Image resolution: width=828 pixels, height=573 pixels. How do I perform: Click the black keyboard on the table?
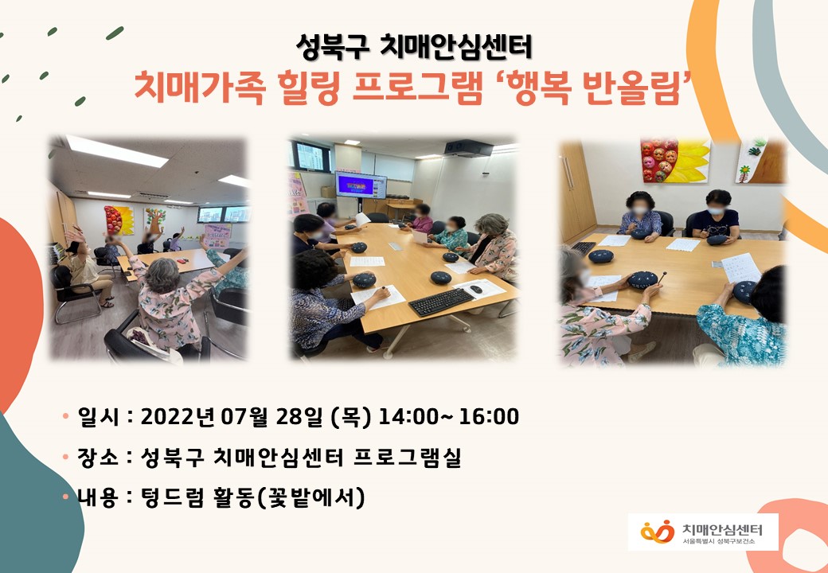point(441,302)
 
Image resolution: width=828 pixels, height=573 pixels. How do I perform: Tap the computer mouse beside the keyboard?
point(476,289)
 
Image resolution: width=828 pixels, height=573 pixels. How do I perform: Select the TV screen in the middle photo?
point(361,185)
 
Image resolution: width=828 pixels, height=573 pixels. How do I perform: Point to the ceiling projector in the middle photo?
point(469,148)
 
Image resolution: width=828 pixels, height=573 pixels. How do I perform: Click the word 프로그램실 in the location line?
point(407,457)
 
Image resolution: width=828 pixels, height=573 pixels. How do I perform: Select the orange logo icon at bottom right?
point(657,532)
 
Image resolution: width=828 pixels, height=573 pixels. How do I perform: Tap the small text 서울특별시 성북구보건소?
point(718,542)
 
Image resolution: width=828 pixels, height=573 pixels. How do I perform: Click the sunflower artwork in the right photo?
point(675,161)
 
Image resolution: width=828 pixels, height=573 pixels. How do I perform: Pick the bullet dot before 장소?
point(65,457)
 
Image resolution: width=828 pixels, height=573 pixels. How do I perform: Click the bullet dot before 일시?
point(65,416)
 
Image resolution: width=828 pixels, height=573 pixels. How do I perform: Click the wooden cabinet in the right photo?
point(578,191)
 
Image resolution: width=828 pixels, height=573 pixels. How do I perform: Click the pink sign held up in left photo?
point(217,236)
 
